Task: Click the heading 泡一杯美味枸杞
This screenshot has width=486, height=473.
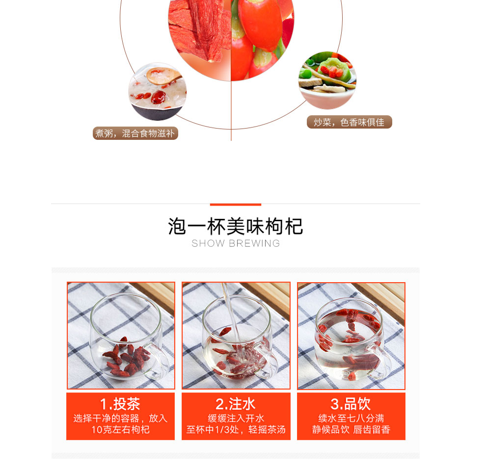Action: pos(235,226)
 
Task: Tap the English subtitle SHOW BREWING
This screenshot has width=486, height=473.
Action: pos(236,243)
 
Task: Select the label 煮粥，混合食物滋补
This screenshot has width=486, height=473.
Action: pos(135,133)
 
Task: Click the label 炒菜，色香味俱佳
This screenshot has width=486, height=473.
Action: pos(350,122)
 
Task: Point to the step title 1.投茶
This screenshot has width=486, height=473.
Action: pos(120,404)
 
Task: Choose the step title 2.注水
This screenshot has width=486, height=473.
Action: pos(236,404)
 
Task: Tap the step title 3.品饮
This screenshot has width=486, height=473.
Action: pos(351,404)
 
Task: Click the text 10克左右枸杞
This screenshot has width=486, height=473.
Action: pos(120,430)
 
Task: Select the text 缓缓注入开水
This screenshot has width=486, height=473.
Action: pos(236,418)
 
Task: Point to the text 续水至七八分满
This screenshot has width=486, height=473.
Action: pos(351,418)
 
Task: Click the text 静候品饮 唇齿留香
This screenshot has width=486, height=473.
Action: pos(351,430)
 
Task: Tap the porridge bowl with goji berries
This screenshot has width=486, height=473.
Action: pos(158,92)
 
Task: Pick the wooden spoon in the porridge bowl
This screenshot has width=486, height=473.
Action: pos(163,76)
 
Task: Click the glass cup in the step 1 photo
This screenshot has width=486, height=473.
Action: pos(128,338)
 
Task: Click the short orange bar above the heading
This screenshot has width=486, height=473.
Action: pos(236,205)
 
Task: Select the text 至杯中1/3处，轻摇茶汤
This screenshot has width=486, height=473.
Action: pos(236,430)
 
